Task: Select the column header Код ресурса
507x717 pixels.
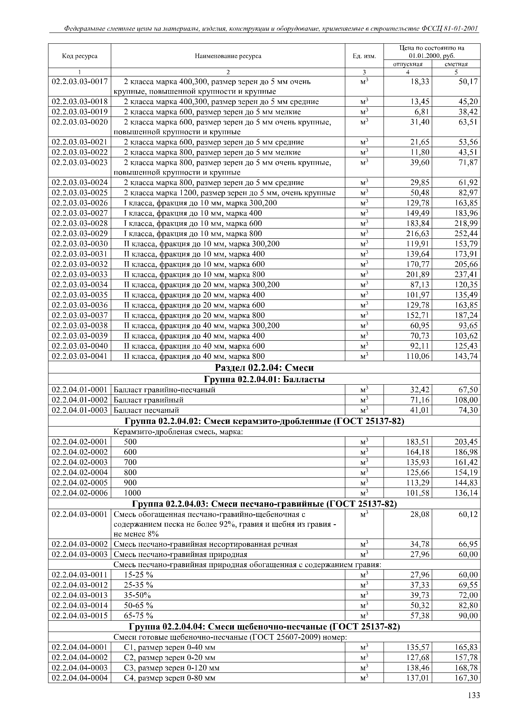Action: (80, 56)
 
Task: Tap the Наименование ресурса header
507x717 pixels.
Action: (228, 56)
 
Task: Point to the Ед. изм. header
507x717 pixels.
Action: (364, 56)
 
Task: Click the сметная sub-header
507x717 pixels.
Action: (456, 64)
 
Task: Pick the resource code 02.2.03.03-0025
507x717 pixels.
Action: (80, 193)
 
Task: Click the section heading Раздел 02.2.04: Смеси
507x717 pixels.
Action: (264, 367)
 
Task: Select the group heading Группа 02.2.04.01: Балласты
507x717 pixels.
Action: (264, 379)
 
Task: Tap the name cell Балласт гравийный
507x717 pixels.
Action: (148, 400)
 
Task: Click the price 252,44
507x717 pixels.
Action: (466, 234)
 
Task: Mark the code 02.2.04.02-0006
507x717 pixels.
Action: (80, 493)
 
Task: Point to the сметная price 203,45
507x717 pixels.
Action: (466, 442)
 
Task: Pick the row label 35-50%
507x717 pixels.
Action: (138, 595)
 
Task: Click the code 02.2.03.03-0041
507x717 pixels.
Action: (80, 356)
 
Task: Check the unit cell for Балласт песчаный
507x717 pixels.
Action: (364, 410)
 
